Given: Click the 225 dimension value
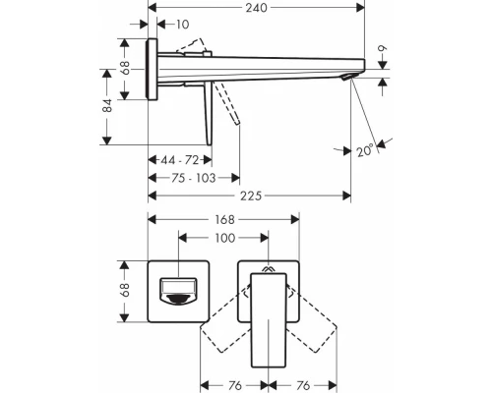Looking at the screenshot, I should tap(250, 196).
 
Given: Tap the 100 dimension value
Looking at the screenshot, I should tap(223, 239).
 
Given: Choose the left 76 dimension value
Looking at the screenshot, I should tap(236, 384).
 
